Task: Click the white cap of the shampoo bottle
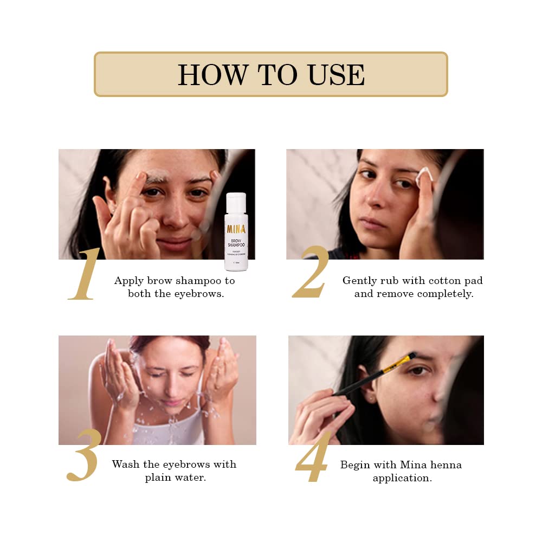[x=236, y=202]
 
